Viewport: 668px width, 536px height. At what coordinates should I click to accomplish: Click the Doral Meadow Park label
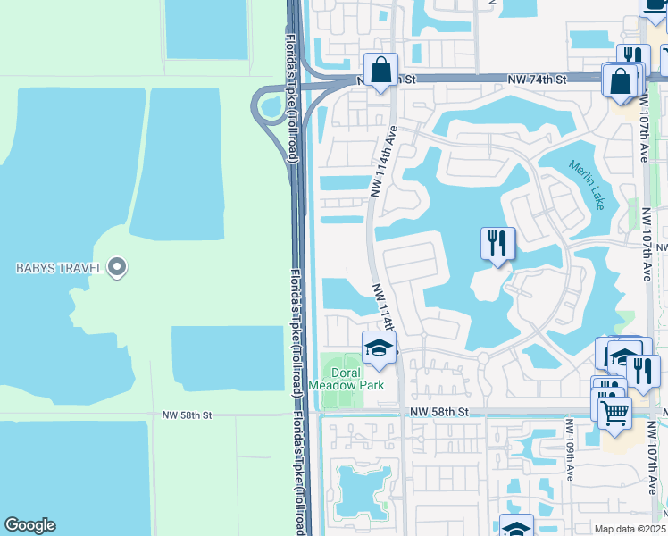[x=346, y=379]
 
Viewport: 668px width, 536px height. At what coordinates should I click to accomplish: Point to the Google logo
[x=29, y=525]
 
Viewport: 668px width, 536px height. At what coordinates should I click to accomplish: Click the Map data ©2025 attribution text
[x=630, y=529]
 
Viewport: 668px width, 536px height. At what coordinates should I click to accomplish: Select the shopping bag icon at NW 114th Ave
[x=381, y=70]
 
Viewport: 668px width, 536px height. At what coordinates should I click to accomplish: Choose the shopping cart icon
[x=614, y=412]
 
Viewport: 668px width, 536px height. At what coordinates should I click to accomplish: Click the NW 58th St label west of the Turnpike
[x=187, y=415]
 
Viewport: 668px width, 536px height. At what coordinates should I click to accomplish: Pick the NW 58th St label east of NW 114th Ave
[x=439, y=411]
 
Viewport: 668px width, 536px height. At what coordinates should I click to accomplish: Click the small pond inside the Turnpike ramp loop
[x=270, y=109]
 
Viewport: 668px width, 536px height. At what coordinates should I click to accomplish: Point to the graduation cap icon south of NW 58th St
[x=515, y=527]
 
